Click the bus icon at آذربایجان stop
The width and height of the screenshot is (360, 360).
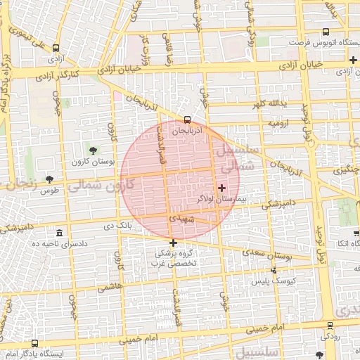coord(186,120)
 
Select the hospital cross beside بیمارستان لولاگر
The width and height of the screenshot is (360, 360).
coord(222,187)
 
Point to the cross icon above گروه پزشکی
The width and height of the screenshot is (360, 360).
coord(173,243)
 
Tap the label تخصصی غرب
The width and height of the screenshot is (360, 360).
coord(173,263)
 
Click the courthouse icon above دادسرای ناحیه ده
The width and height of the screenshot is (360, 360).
coord(58,233)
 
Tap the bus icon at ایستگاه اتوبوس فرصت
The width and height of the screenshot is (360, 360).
coord(325,32)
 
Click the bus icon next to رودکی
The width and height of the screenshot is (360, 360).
coord(330,325)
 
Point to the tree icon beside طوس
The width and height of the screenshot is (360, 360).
coord(49,180)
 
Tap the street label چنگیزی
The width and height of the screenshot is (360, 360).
coord(347,169)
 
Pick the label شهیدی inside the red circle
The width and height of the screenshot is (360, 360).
coord(181,219)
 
